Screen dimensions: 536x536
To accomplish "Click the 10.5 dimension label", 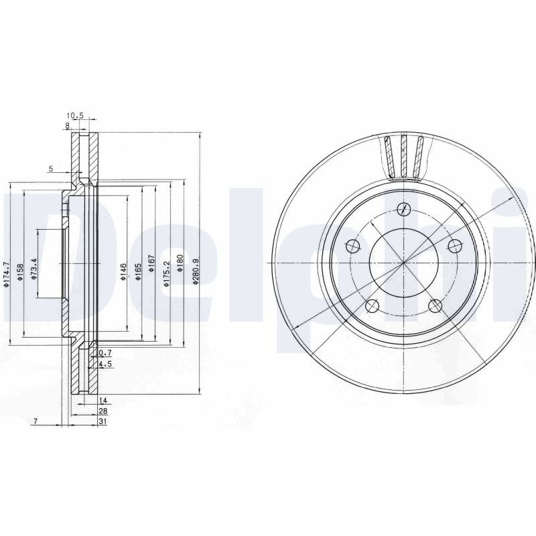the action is tap(75, 115).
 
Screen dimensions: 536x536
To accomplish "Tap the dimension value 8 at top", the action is tap(68, 126).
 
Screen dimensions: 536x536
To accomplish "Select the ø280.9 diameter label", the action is tap(195, 271).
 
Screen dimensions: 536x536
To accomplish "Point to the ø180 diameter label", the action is tap(180, 263).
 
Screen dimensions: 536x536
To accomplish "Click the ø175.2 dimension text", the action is tap(166, 274).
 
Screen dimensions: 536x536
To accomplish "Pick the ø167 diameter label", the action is tap(151, 263).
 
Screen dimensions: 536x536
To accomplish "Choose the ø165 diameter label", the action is tap(138, 272).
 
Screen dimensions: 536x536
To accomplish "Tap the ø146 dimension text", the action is tap(123, 272).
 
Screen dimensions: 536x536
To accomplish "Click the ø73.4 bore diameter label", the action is tap(34, 269).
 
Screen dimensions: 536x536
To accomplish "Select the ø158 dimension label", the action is tap(20, 272).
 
